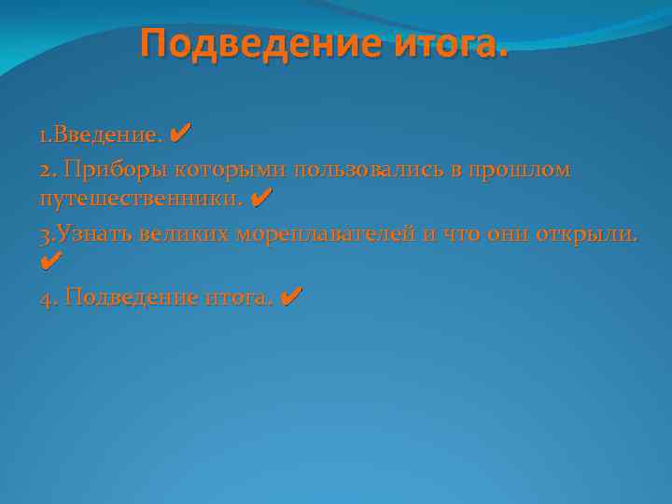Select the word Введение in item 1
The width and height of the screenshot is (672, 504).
coord(107,135)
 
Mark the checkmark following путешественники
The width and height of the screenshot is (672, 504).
coord(262,198)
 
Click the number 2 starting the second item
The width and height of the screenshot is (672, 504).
coord(46,170)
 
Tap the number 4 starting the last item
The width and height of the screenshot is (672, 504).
coord(47,298)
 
